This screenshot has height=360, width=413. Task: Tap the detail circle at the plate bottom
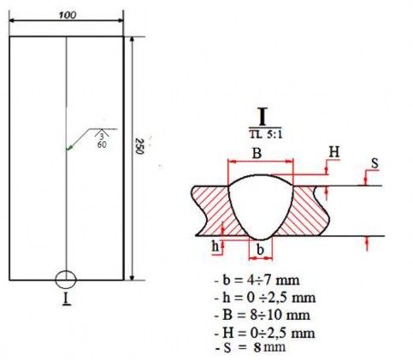tap(66, 280)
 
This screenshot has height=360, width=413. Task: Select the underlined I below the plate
tap(66, 300)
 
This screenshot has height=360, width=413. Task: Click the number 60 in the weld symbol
tap(102, 146)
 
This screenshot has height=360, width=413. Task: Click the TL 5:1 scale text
tap(261, 134)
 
